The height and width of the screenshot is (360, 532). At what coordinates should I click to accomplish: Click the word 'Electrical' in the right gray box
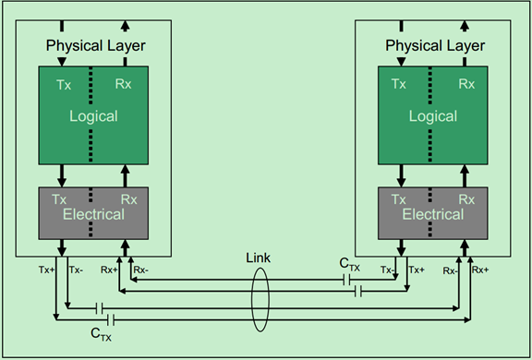432,214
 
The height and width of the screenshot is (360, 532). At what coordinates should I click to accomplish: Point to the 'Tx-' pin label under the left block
77,270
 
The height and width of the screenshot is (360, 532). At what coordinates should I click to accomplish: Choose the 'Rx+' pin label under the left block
108,270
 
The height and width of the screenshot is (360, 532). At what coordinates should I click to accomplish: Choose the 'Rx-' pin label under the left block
140,270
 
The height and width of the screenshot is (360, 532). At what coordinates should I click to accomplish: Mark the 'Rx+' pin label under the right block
480,270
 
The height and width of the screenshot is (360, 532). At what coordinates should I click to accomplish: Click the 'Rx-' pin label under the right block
449,270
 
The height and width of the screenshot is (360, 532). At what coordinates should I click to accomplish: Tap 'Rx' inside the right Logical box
467,84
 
